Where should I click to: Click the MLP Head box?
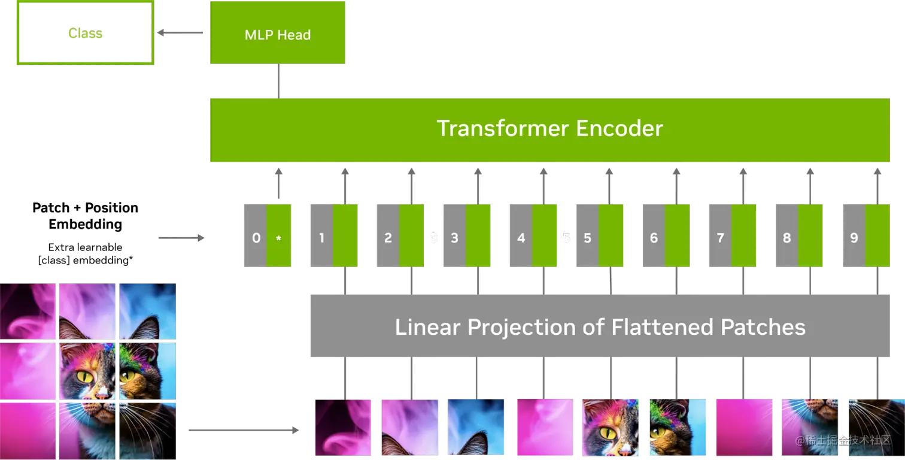click(277, 34)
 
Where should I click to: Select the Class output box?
click(86, 34)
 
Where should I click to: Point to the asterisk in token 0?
click(278, 238)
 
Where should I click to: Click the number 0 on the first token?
click(256, 238)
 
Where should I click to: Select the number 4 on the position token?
click(521, 238)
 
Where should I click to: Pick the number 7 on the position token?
click(720, 238)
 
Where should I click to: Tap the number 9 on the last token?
click(854, 238)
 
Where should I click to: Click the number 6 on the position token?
click(654, 238)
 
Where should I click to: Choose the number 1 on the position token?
click(321, 238)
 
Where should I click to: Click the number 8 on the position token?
click(786, 238)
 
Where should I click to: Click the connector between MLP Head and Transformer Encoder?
click(278, 81)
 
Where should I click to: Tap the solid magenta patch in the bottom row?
click(744, 427)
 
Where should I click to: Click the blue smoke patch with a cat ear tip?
click(477, 427)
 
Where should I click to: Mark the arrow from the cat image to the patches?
click(243, 430)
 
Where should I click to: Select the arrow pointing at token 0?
click(180, 239)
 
